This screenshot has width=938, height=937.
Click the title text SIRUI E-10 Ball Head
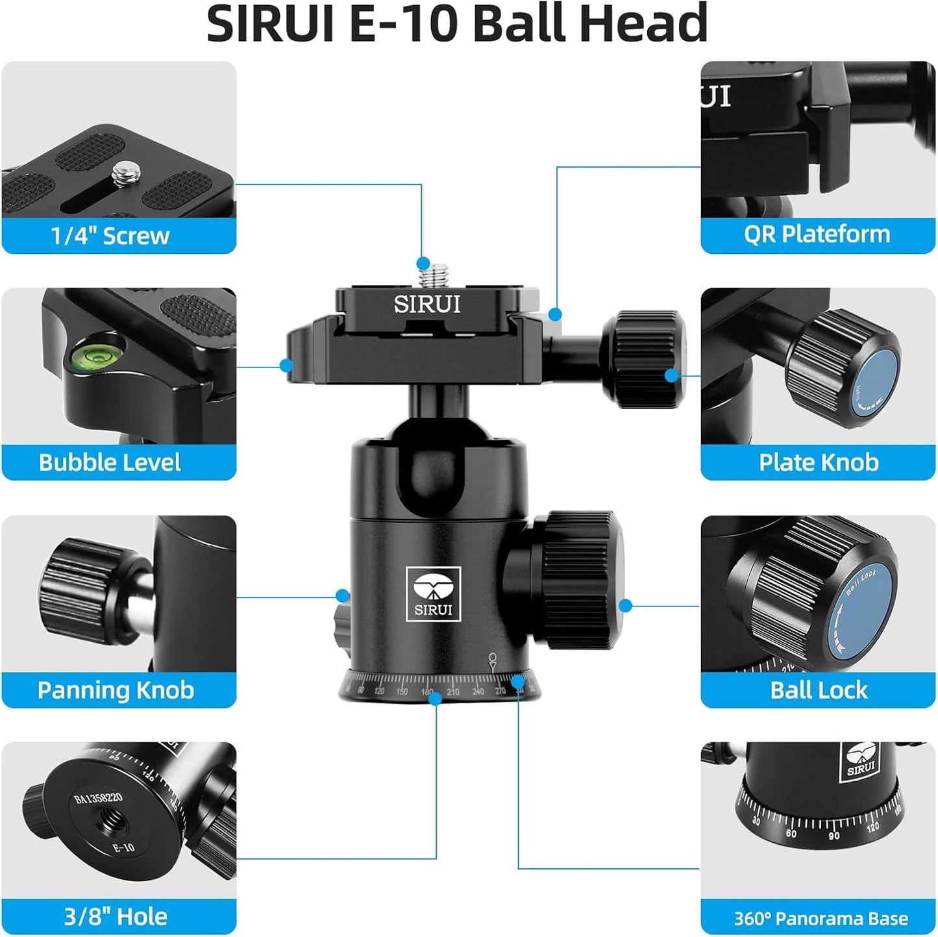[456, 23]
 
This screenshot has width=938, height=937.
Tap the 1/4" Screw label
[110, 236]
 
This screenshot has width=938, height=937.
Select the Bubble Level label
[110, 462]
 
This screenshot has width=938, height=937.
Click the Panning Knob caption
[116, 690]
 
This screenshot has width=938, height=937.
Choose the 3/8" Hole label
[116, 916]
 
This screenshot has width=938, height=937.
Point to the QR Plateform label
[817, 234]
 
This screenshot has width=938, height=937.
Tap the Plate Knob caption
[818, 462]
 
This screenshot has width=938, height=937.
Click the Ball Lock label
[818, 690]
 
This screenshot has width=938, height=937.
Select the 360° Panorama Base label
[821, 918]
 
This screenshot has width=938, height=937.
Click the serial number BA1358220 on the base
[98, 798]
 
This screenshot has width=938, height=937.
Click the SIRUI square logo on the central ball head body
[433, 593]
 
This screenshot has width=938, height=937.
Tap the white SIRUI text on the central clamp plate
[426, 305]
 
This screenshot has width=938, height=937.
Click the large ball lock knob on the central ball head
[578, 579]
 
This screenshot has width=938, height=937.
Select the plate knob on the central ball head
[643, 359]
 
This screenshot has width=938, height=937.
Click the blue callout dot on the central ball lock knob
[625, 606]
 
